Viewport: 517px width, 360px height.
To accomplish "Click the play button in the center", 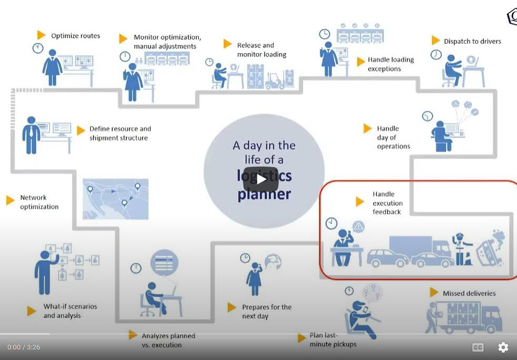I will [x=261, y=179].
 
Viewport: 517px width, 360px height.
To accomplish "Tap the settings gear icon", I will [x=503, y=347].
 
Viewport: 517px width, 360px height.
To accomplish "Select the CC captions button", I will [x=478, y=347].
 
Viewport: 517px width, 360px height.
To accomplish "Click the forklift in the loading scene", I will [x=275, y=81].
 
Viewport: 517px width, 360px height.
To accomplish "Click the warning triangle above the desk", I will [x=359, y=227].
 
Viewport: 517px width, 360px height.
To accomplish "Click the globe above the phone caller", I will [x=273, y=262].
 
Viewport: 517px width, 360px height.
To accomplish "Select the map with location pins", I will [x=115, y=199].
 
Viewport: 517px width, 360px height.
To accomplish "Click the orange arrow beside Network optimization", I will [x=10, y=200].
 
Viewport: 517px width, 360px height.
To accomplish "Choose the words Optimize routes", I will [x=75, y=36].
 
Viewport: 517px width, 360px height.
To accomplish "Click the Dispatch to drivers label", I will [x=472, y=41].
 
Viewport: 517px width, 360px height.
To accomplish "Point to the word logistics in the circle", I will [x=264, y=175].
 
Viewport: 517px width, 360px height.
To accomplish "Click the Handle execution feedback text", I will [x=387, y=203].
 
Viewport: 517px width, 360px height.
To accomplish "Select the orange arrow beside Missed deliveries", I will [x=434, y=292].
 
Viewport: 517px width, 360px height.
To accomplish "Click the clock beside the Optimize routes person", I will [x=38, y=48].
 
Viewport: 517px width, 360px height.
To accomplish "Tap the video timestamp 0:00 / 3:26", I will [x=24, y=347].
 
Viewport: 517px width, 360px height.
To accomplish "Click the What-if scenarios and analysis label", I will [x=70, y=311].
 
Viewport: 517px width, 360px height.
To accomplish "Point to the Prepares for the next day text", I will [x=266, y=312].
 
